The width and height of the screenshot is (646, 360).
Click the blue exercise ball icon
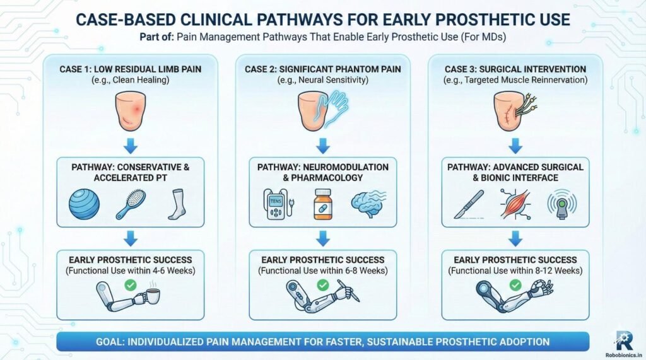tap(84, 204)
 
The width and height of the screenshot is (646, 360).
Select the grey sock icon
tap(177, 204)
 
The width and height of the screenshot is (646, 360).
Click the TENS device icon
tap(278, 204)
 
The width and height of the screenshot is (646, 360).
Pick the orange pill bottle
tap(322, 204)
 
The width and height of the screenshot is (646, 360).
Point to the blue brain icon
tap(368, 204)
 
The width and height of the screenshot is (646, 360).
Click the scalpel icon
tap(469, 204)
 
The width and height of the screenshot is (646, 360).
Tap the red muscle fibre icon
tap(515, 204)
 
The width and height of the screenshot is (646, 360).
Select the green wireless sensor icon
tap(561, 204)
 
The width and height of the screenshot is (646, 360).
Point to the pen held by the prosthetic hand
tap(348, 290)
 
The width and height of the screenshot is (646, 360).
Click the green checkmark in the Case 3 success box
tap(515, 285)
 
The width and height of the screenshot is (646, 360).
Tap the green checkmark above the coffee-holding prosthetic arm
tap(131, 285)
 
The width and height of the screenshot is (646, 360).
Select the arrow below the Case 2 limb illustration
tap(322, 146)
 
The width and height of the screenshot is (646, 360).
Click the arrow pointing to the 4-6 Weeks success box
tap(131, 238)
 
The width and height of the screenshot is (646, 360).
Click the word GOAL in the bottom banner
tap(109, 342)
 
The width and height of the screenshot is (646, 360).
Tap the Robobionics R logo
tap(625, 340)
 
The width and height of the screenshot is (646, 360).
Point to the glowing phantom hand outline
tap(336, 108)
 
